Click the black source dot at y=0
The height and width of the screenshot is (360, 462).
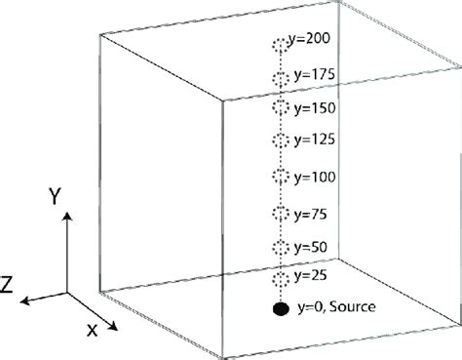point(281,310)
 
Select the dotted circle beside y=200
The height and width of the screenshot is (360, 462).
point(281,45)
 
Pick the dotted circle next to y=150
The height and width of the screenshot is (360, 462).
point(282,107)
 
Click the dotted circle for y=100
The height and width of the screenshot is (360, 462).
point(282,177)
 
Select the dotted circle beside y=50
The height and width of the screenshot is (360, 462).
point(282,246)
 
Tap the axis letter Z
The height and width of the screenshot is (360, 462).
point(8,284)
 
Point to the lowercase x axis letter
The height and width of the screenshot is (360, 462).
point(93,330)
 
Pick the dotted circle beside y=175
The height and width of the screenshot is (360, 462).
point(282,77)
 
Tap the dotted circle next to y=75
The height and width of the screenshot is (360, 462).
point(282,212)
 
